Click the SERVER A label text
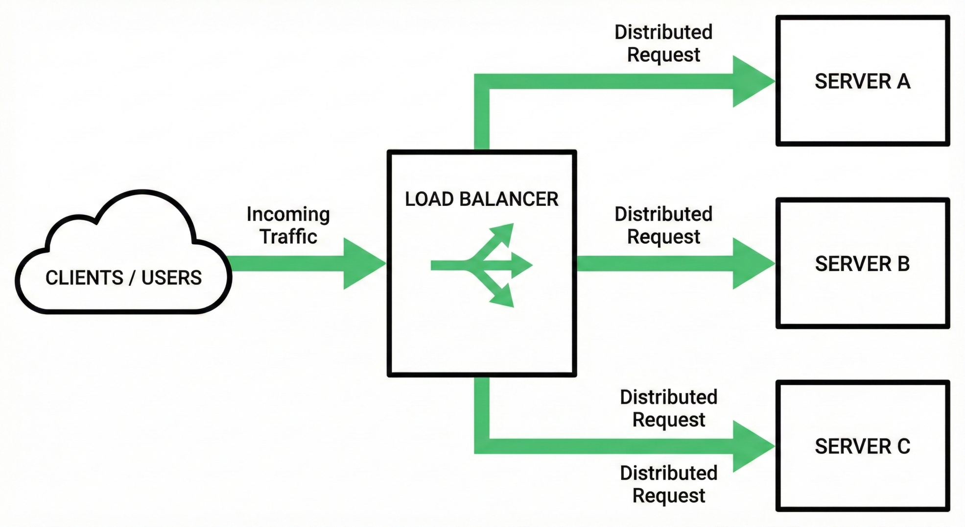tap(862, 81)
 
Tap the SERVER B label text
tap(862, 264)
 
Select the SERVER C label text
tap(862, 446)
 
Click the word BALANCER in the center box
tap(509, 199)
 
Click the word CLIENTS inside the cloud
tap(84, 277)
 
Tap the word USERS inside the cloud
tap(171, 277)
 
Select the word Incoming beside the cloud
tap(288, 215)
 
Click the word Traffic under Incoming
tap(288, 236)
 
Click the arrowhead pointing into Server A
tap(752, 81)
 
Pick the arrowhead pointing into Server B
tap(752, 264)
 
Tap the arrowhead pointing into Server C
tap(752, 446)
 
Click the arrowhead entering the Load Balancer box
tap(363, 264)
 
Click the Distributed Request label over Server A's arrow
tap(663, 43)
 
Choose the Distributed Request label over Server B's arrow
tap(663, 226)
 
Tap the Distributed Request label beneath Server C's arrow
tap(669, 484)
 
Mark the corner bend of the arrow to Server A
tap(482, 81)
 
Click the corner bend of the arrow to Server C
tap(482, 446)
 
